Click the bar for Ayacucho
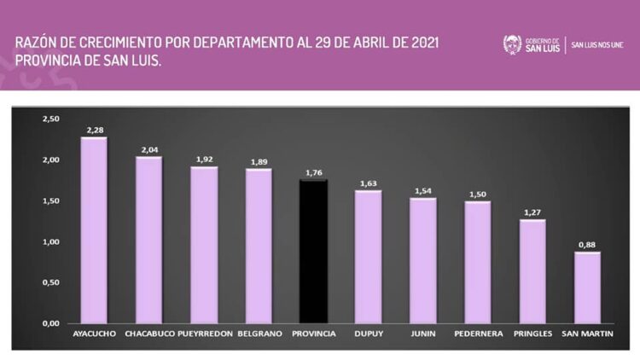[94, 230]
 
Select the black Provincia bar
[313, 252]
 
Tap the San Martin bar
[588, 287]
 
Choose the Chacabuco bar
[148, 240]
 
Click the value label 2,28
[94, 130]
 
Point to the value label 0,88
[588, 245]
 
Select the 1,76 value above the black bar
[313, 173]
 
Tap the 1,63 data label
[368, 183]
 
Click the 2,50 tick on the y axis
[50, 119]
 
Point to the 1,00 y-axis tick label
[50, 242]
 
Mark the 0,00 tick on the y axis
[50, 324]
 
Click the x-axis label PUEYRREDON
[205, 334]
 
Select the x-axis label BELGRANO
[259, 334]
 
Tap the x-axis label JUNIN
[423, 334]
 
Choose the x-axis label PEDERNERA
[478, 334]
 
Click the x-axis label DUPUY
[368, 334]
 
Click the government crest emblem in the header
[512, 44]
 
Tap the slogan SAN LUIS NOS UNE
[598, 44]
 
